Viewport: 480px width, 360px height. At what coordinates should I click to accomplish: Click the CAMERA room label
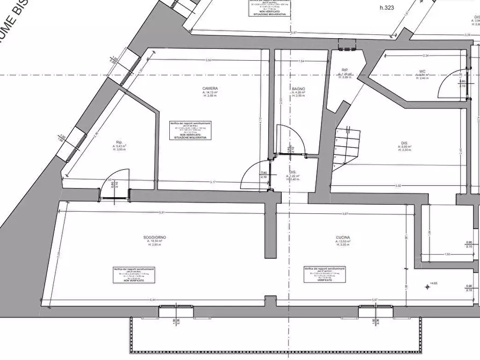(210, 88)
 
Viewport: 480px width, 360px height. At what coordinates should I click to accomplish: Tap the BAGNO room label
(299, 88)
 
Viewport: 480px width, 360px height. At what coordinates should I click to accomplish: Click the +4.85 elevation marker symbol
(428, 286)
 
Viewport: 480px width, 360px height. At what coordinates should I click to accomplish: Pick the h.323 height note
(387, 8)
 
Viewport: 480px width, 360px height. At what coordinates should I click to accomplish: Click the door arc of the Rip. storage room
(121, 182)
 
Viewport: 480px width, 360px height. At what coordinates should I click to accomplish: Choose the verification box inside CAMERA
(190, 131)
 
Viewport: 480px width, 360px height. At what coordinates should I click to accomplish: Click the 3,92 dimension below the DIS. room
(398, 186)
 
